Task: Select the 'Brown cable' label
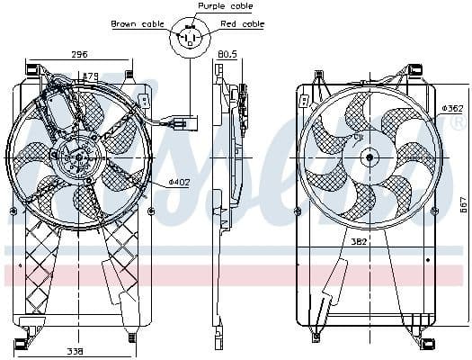137,23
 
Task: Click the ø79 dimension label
89,76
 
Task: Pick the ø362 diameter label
452,108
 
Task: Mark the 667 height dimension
464,204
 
